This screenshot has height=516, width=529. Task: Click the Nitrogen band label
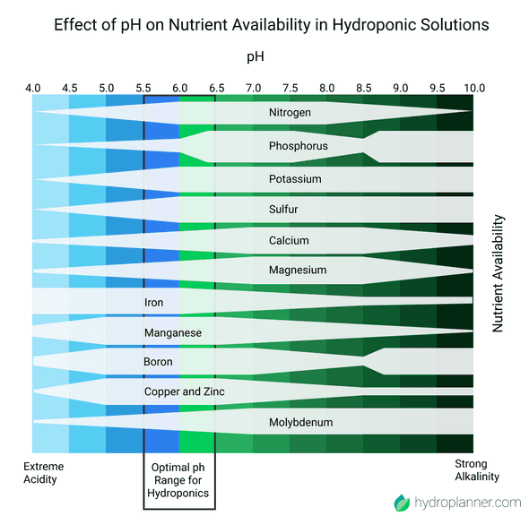290,113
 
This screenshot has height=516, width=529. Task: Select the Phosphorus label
298,146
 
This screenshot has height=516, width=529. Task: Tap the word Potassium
295,179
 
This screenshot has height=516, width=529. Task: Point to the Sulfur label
283,210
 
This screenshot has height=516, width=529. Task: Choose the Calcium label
289,240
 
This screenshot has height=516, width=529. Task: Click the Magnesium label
298,270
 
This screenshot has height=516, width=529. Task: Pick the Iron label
154,303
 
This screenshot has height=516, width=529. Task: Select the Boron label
158,362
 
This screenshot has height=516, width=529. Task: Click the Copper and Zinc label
185,391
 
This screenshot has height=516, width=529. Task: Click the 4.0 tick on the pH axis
32,88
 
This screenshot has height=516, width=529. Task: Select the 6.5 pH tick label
216,88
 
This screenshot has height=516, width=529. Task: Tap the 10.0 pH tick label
473,88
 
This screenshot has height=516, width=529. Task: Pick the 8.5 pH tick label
363,88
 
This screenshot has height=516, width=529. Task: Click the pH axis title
255,56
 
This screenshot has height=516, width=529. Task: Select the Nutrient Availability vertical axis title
499,273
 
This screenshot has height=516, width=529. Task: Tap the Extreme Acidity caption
43,472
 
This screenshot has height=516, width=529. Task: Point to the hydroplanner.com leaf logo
401,502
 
